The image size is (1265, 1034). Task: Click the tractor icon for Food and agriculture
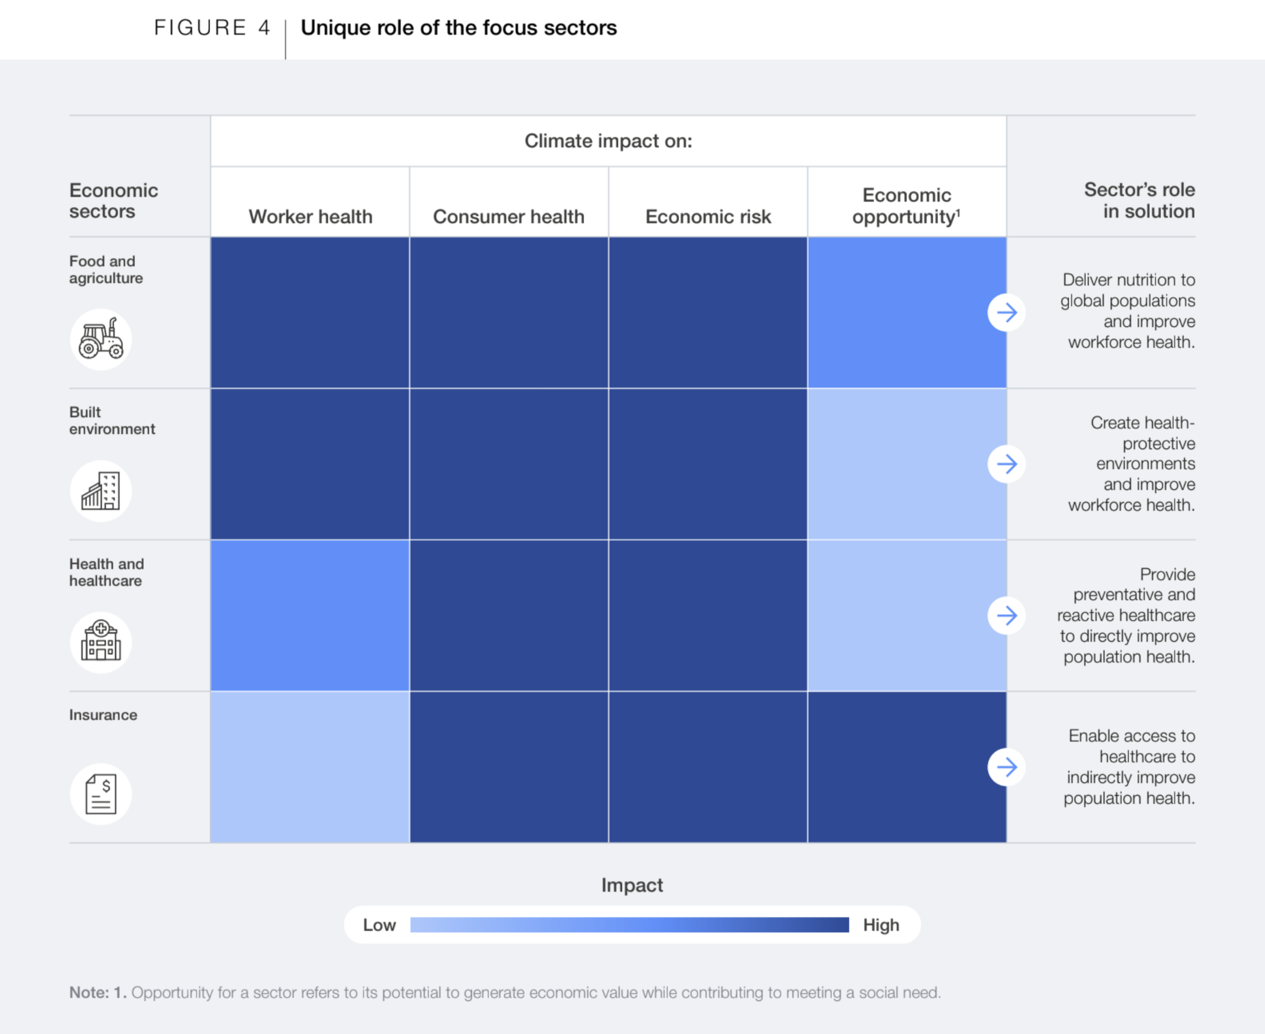pyautogui.click(x=101, y=339)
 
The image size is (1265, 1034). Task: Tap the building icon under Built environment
pyautogui.click(x=101, y=491)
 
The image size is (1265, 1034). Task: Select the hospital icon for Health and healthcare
pyautogui.click(x=101, y=642)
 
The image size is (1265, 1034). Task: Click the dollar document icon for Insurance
pyautogui.click(x=101, y=793)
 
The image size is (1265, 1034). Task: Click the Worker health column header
pyautogui.click(x=311, y=216)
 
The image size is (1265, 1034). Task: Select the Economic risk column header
pyautogui.click(x=708, y=216)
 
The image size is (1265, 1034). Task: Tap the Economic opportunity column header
pyautogui.click(x=907, y=205)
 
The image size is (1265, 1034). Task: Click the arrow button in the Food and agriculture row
pyautogui.click(x=1007, y=312)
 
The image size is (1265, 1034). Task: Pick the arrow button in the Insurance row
pyautogui.click(x=1007, y=766)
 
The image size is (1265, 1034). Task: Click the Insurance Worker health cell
pyautogui.click(x=310, y=766)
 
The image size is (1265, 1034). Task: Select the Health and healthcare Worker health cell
pyautogui.click(x=310, y=615)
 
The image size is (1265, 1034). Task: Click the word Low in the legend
pyautogui.click(x=379, y=925)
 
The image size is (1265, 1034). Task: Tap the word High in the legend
pyautogui.click(x=881, y=925)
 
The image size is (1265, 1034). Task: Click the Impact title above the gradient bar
pyautogui.click(x=631, y=885)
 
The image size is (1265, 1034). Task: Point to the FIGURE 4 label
pyautogui.click(x=212, y=27)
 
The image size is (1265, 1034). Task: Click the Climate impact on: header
pyautogui.click(x=608, y=141)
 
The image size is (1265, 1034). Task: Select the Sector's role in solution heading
pyautogui.click(x=1139, y=200)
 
